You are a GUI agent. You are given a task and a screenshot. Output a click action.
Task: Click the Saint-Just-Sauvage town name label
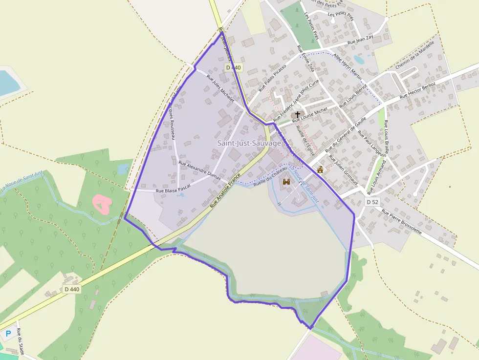pos(249,143)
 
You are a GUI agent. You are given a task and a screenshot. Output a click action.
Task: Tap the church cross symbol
pos(298,114)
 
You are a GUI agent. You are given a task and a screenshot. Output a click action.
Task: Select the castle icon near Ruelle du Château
pos(286,181)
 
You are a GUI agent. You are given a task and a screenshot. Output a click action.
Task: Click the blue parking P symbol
pos(8,334)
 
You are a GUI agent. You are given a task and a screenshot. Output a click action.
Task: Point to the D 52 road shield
pos(372,202)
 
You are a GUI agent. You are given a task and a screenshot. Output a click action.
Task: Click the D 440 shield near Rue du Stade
pos(72,289)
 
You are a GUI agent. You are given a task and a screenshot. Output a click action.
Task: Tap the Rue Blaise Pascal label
pos(173,188)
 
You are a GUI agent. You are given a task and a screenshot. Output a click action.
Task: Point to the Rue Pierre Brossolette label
pos(401,222)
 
